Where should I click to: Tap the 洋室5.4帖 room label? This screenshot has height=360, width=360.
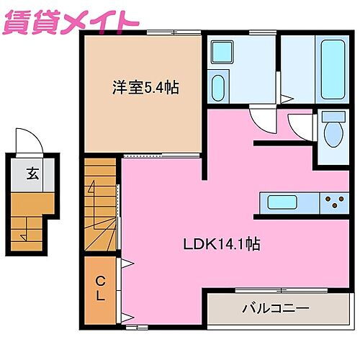pyautogui.click(x=145, y=89)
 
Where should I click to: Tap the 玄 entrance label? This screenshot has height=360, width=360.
pyautogui.click(x=34, y=173)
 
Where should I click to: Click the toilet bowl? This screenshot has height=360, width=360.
pyautogui.click(x=332, y=135)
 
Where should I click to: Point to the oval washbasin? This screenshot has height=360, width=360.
pyautogui.click(x=220, y=88)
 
